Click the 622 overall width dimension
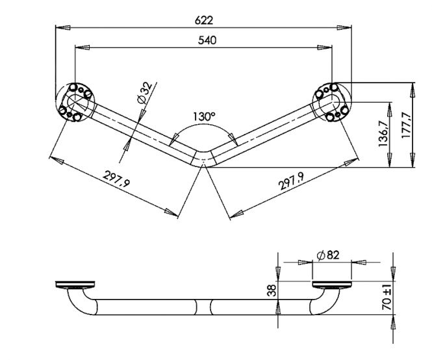[x=204, y=20]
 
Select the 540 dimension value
[x=207, y=40]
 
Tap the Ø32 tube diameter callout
[x=145, y=92]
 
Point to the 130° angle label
[x=203, y=116]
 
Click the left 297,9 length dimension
[x=116, y=179]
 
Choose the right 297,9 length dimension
[x=292, y=181]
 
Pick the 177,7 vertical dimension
[x=407, y=125]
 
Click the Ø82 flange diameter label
[x=328, y=255]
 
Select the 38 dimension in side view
[x=272, y=290]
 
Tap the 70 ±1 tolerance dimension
[x=387, y=299]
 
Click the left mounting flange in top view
[x=75, y=102]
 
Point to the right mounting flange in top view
[x=332, y=102]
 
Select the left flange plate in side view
[x=75, y=285]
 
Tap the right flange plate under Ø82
[x=332, y=285]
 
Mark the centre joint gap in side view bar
[x=203, y=307]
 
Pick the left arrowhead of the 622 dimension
[x=63, y=27]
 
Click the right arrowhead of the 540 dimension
[x=325, y=47]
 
